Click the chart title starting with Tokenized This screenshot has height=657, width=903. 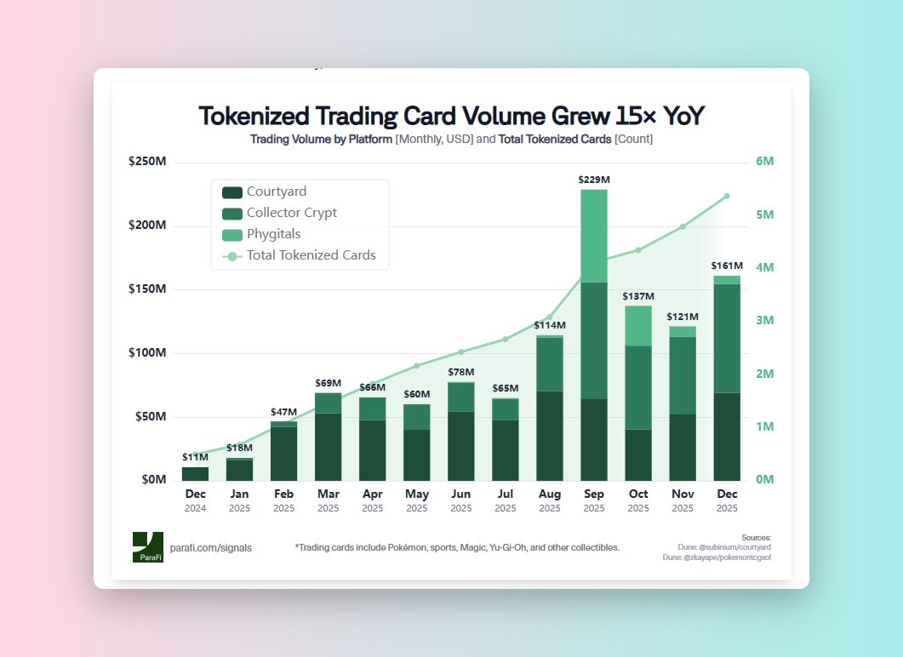pos(451,117)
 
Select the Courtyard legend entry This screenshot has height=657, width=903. pos(276,192)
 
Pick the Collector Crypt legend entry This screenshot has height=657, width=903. pos(292,213)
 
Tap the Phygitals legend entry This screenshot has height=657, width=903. pos(272,234)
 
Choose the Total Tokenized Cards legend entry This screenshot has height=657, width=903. pos(311,255)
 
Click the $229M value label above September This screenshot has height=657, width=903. pos(593,180)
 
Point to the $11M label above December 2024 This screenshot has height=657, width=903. pos(195,457)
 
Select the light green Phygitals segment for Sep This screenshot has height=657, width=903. pos(593,236)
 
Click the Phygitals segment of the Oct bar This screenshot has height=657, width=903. pos(637,326)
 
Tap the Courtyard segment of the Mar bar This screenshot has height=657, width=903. pos(328,447)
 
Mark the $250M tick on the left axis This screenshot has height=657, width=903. pos(147,163)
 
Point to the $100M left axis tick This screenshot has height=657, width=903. pos(147,353)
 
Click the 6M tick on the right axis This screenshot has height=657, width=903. pos(763,163)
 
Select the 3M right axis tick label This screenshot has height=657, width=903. pos(763,321)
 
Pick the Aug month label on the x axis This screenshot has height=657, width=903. pos(549,494)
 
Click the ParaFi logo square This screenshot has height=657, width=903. pos(147,547)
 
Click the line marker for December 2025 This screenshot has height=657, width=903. pos(726,197)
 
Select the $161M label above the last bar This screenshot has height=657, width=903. pos(726,266)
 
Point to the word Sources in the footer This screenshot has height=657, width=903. pos(756,538)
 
